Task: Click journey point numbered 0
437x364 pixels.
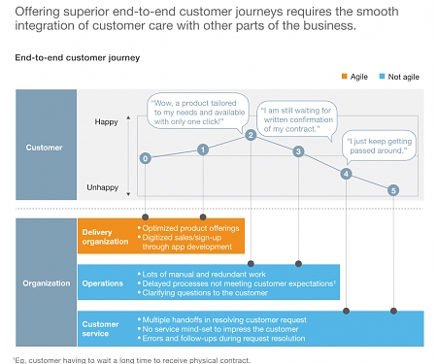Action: [145, 157]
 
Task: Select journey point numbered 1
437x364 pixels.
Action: [202, 149]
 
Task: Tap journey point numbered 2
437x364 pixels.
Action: [251, 135]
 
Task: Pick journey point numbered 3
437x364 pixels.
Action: [299, 150]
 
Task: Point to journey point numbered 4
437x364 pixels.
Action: [347, 174]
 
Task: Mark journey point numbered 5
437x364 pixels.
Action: [393, 190]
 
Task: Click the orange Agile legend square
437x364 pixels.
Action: [331, 75]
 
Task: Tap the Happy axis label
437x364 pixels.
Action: [106, 122]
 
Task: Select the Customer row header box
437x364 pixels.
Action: [47, 148]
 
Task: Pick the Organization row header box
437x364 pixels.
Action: [47, 283]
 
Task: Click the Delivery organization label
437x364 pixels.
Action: [105, 235]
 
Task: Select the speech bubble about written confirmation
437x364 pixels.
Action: [298, 116]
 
